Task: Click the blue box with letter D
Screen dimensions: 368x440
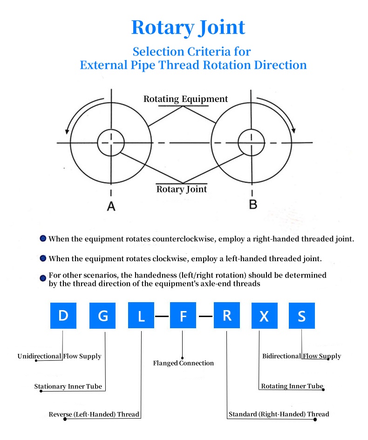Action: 63,315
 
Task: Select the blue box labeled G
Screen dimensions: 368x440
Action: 102,315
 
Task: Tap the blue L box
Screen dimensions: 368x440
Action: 141,315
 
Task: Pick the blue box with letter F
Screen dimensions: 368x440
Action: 183,315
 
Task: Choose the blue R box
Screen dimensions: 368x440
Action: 227,315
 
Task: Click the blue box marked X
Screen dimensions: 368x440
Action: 265,315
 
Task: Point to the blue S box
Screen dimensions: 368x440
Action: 302,315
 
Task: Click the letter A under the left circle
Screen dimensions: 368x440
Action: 111,206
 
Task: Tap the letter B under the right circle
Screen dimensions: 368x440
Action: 253,204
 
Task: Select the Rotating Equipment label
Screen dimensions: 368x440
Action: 185,99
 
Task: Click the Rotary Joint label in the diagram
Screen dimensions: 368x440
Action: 182,189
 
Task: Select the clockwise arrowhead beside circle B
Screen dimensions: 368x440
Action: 293,130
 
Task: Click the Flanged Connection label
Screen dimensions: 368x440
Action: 183,363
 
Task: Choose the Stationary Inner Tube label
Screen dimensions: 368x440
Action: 68,386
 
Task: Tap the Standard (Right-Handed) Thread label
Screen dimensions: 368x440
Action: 279,414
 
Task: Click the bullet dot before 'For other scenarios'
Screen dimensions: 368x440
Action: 43,278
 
